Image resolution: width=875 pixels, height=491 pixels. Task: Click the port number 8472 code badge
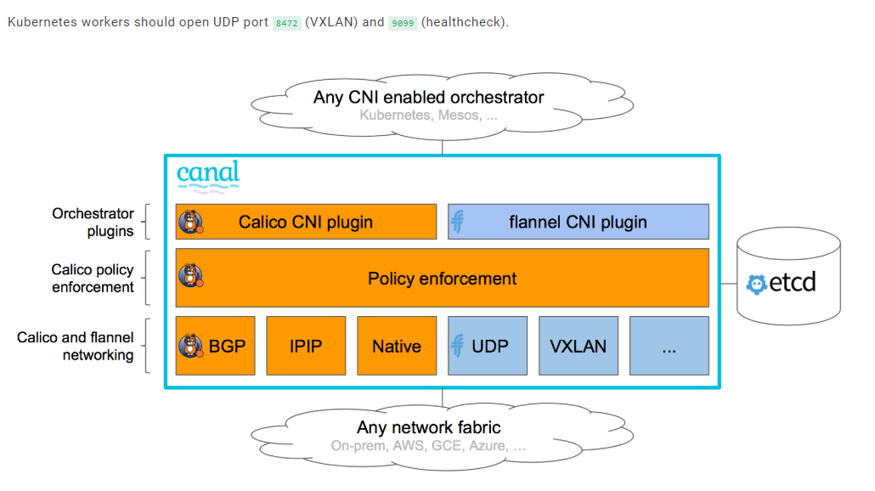click(x=286, y=23)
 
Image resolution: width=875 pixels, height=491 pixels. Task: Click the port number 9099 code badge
click(x=402, y=23)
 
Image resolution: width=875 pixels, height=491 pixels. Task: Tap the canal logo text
click(x=208, y=174)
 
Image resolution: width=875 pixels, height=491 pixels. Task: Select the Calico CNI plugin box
click(x=306, y=222)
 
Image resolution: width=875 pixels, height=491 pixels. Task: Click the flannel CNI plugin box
click(x=578, y=222)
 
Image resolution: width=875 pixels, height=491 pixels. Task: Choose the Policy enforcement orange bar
click(x=442, y=278)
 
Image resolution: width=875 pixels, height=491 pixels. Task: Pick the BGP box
click(x=215, y=346)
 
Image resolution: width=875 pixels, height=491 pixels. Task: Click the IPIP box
click(x=306, y=346)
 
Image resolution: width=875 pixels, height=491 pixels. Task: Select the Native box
click(x=397, y=346)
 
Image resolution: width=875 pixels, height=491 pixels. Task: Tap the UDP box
click(x=488, y=346)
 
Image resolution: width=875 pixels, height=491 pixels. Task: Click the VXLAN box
click(x=578, y=346)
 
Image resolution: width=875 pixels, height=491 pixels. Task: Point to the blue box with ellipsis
click(x=669, y=346)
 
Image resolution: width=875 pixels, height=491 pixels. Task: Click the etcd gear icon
click(x=756, y=283)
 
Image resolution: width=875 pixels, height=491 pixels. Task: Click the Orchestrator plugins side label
click(x=93, y=222)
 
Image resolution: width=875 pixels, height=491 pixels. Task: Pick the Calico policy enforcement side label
click(x=93, y=278)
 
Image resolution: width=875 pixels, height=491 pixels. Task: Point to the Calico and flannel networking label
click(x=76, y=346)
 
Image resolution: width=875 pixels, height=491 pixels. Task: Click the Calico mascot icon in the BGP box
click(x=190, y=346)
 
